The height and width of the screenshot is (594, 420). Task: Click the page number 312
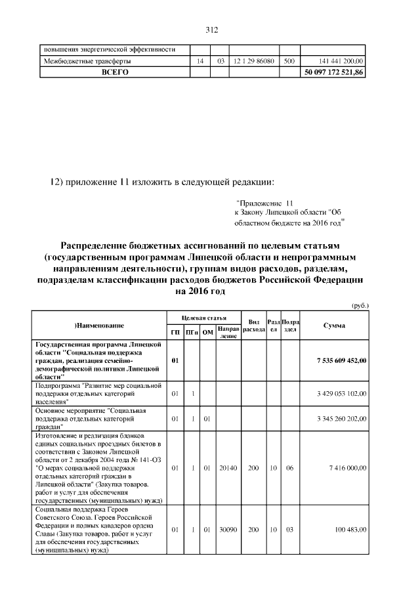point(211,30)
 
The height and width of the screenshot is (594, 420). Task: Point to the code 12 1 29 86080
point(253,61)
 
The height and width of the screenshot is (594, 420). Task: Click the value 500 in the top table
point(287,61)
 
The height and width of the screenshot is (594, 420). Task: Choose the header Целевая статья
point(199,318)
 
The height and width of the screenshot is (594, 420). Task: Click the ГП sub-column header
point(175,332)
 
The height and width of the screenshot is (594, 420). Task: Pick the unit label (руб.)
point(360,305)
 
